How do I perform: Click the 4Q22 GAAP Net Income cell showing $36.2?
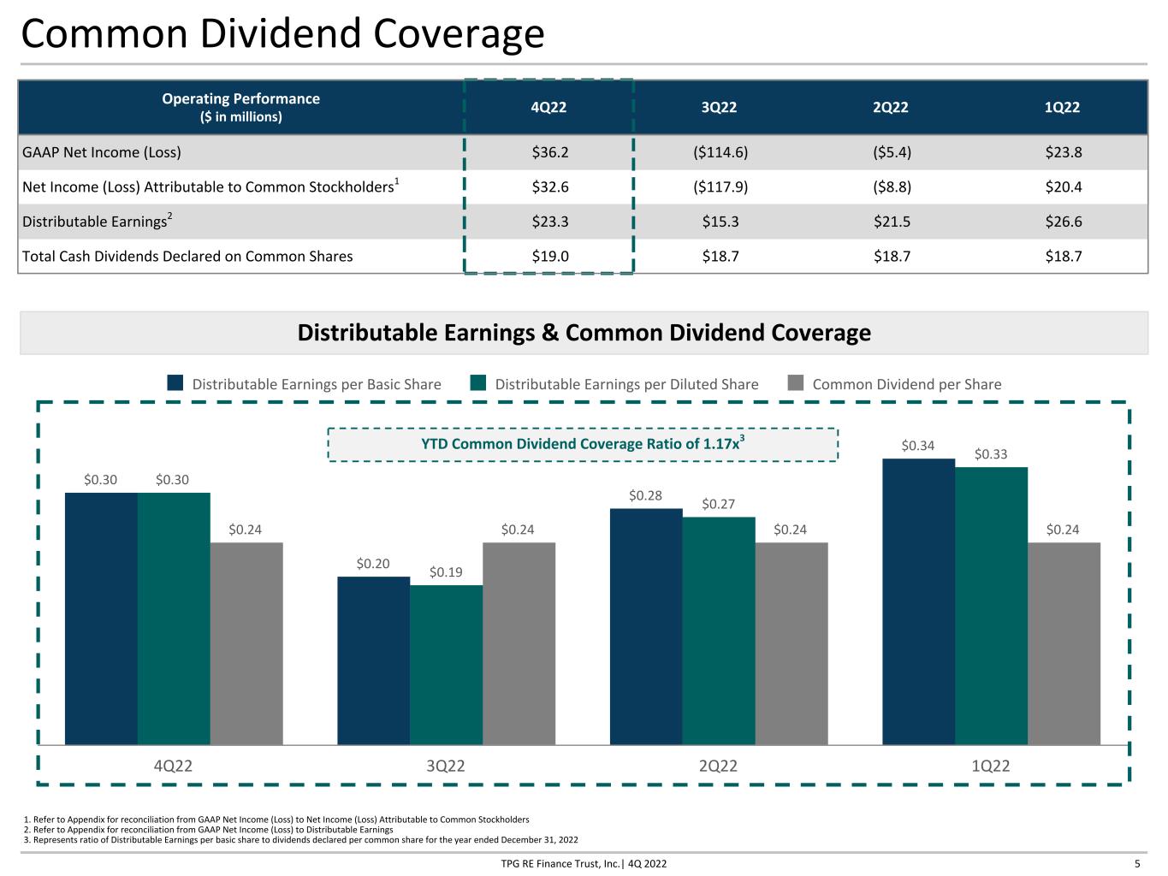coord(549,152)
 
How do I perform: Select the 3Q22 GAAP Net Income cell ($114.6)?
coord(720,152)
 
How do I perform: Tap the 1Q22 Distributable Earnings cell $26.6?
coord(1063,222)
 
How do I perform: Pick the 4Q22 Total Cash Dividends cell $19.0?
coord(549,256)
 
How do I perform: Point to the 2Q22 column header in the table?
coord(890,107)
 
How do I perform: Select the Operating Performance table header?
coord(240,107)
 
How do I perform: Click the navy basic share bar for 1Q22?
coord(918,601)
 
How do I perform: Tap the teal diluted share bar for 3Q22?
coord(446,665)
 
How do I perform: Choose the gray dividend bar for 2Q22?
coord(792,643)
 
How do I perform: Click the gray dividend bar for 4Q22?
coord(246,643)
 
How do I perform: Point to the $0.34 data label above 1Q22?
coord(917,445)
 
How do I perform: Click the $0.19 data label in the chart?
coord(446,571)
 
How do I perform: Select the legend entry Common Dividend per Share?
coord(894,383)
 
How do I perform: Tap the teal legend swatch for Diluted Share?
coord(477,382)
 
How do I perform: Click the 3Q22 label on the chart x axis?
coord(446,766)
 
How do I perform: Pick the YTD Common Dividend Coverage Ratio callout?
coord(583,444)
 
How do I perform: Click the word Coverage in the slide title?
coord(459,34)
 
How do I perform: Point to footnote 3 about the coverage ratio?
coord(300,840)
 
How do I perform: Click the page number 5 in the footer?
coord(1137,864)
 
